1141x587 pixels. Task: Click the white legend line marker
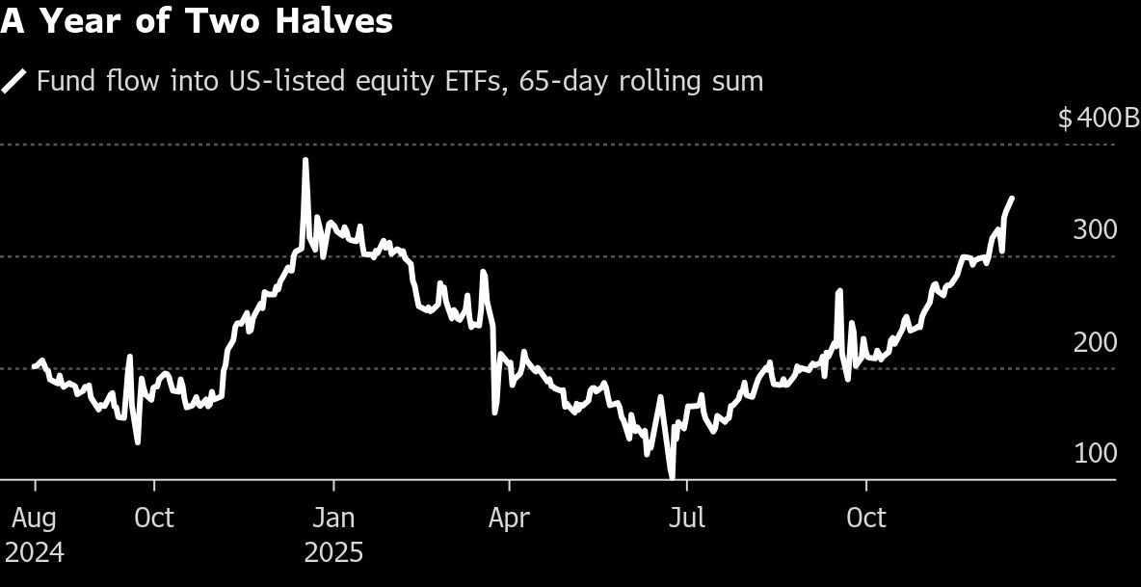click(14, 81)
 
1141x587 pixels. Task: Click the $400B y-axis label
click(1099, 119)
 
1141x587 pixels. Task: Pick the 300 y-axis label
click(1096, 229)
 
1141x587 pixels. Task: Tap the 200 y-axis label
click(1096, 342)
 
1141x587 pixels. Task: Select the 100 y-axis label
click(1096, 453)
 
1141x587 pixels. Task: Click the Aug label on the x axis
click(35, 519)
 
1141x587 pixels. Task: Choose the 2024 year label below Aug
click(35, 553)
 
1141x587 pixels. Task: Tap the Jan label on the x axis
click(334, 519)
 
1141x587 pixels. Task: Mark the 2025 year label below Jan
click(334, 553)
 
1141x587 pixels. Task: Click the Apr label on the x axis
click(509, 519)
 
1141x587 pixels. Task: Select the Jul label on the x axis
click(686, 519)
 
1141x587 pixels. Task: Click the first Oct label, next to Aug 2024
click(154, 519)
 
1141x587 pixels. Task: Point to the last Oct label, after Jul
click(866, 519)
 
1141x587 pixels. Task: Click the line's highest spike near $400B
click(305, 160)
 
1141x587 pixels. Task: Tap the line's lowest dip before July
click(672, 476)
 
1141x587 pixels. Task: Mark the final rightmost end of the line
click(1011, 198)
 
